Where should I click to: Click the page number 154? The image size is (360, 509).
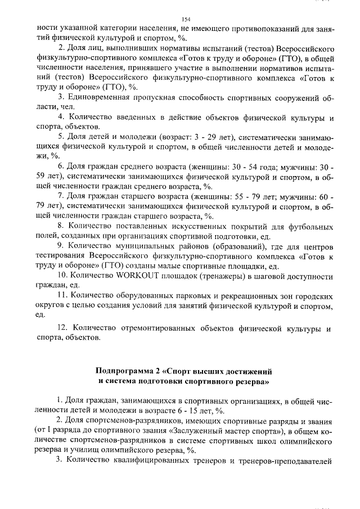pos(186,19)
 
